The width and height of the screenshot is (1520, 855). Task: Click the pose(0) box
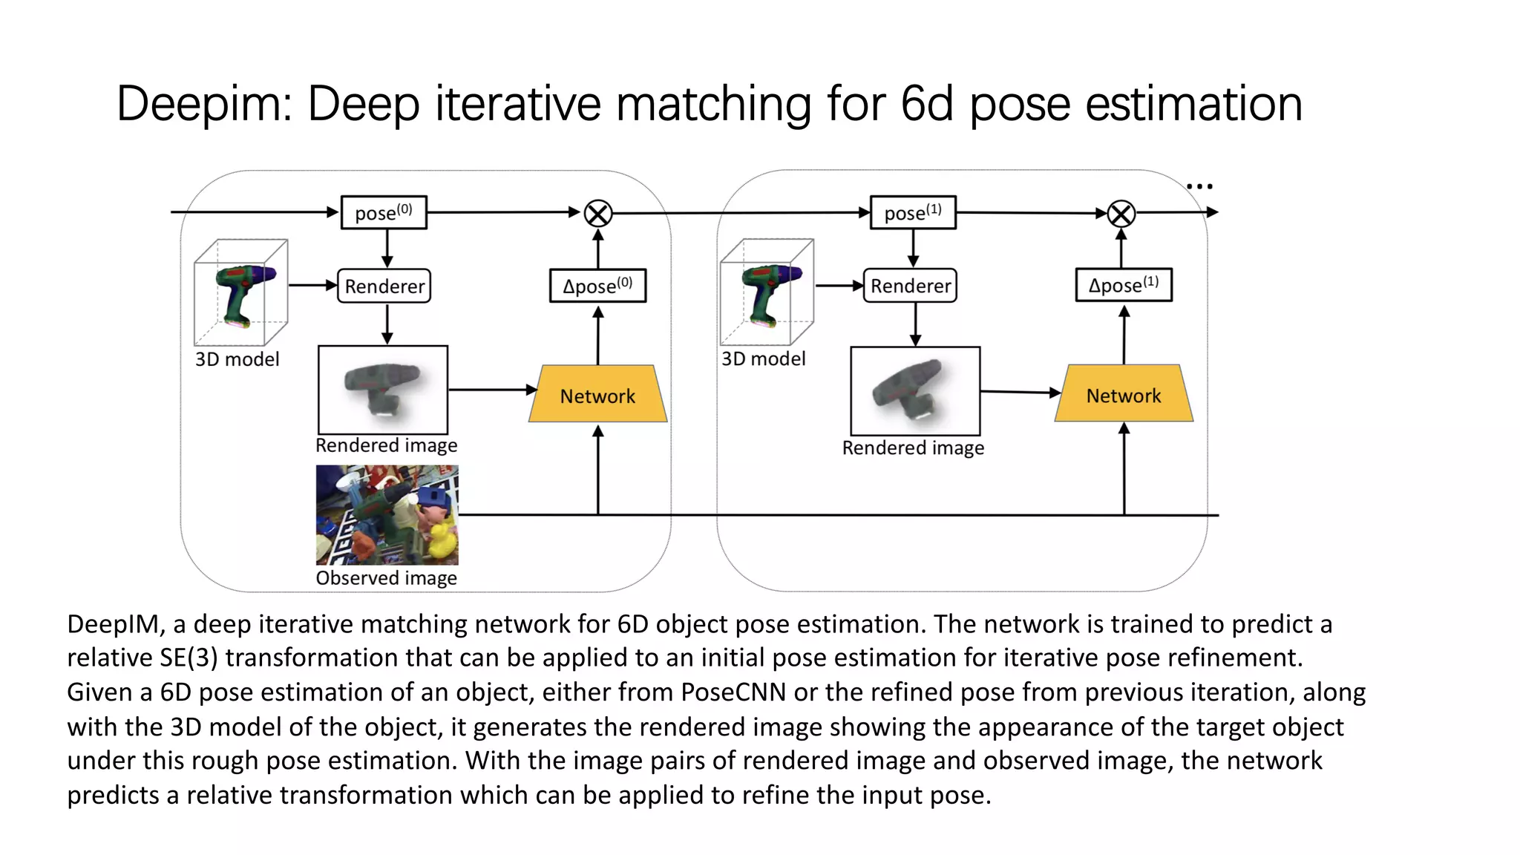tap(384, 213)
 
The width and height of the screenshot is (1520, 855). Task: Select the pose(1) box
tap(913, 213)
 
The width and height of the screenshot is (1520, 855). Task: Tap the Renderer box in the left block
tap(384, 286)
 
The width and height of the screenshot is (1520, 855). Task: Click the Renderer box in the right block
tap(911, 286)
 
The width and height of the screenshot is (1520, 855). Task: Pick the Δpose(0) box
tap(597, 286)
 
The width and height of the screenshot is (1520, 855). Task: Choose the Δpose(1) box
tap(1124, 285)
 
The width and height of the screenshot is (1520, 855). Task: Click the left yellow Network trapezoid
tap(597, 395)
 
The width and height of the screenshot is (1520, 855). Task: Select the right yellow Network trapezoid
tap(1124, 394)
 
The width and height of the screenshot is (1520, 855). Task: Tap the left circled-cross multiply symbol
tap(598, 214)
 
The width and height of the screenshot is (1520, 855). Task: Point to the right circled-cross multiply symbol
tap(1121, 214)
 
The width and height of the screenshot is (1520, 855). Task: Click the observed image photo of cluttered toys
tap(387, 515)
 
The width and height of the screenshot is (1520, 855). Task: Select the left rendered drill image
tap(383, 390)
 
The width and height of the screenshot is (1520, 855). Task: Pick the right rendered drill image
tap(915, 391)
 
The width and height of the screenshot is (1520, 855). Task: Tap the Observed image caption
tap(387, 578)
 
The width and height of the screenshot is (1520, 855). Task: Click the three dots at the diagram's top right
tap(1199, 186)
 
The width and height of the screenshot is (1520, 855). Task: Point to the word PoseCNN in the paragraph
tap(733, 692)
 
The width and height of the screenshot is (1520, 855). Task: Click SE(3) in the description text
tap(189, 658)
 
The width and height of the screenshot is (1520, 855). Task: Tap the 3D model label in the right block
tap(763, 359)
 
